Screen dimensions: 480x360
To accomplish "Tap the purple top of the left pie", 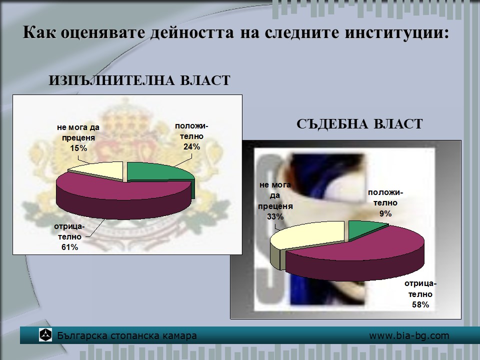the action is pyautogui.click(x=122, y=190).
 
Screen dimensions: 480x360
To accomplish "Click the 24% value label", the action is pyautogui.click(x=192, y=147).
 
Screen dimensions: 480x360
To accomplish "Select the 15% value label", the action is pyautogui.click(x=78, y=148).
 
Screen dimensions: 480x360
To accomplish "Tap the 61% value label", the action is pyautogui.click(x=70, y=247).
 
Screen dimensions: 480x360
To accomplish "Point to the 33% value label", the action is pyautogui.click(x=275, y=216).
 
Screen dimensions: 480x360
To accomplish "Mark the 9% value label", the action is pyautogui.click(x=385, y=213).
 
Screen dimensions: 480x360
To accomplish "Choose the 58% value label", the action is pyautogui.click(x=420, y=304).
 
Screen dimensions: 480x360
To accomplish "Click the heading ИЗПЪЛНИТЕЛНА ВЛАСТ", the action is pyautogui.click(x=139, y=80).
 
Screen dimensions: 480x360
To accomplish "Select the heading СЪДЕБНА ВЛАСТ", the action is pyautogui.click(x=359, y=124).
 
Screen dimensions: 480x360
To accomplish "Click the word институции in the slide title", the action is pyautogui.click(x=396, y=33).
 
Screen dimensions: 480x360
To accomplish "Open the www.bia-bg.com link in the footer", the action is pyautogui.click(x=409, y=336).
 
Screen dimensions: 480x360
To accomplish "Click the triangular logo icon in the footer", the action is pyautogui.click(x=45, y=335).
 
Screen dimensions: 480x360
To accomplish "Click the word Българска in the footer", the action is pyautogui.click(x=82, y=336).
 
